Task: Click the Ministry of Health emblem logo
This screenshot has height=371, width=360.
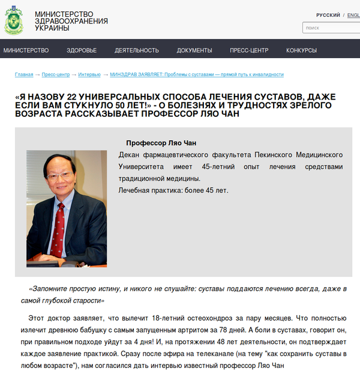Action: coord(14,20)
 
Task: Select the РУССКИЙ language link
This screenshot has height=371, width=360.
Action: coord(328,15)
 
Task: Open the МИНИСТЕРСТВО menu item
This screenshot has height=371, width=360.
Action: coord(26,50)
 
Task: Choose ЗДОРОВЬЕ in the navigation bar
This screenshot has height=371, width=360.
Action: coord(82,50)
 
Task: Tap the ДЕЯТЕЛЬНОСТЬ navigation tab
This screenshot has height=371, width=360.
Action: coord(137,50)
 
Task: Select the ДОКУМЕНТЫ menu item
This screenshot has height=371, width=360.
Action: coord(194,50)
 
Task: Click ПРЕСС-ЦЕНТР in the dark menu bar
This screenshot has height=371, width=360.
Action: coord(249,50)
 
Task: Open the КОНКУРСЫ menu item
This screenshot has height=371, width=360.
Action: coord(301,50)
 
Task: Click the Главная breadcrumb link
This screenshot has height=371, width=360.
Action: coord(24,74)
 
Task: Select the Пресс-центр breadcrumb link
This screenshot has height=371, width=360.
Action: coord(56,74)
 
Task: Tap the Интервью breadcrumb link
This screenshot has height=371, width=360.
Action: coord(89,74)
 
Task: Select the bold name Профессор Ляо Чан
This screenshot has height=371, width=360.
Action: coord(161,143)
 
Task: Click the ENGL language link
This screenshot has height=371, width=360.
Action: coord(353,15)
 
